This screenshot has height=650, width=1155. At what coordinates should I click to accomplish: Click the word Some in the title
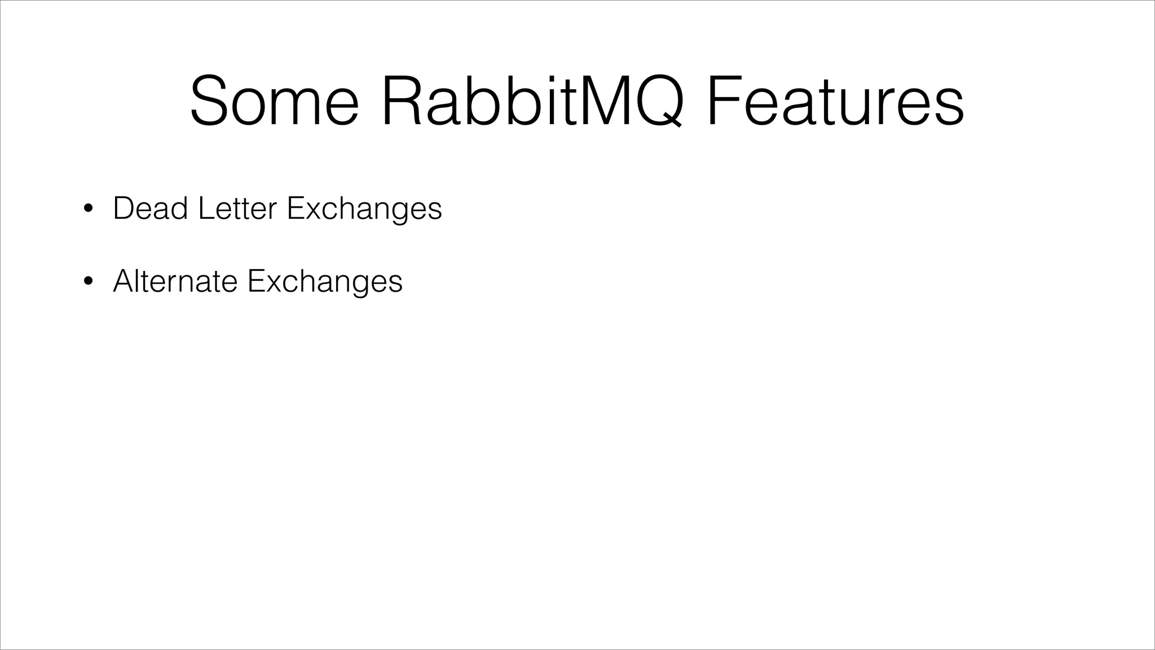point(274,102)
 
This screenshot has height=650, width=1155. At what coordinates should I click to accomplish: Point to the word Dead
point(150,208)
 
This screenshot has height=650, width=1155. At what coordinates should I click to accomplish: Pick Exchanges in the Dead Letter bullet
point(364,209)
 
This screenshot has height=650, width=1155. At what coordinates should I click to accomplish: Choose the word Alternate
point(175,281)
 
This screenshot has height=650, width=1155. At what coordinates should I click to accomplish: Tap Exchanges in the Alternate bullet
point(325,282)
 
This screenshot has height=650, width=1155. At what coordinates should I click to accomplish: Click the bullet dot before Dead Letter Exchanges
point(87,209)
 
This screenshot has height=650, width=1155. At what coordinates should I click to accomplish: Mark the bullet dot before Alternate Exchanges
point(87,282)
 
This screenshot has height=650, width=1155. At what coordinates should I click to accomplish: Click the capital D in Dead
point(124,208)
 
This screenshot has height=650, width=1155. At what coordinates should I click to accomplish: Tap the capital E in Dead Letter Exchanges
point(295,208)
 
